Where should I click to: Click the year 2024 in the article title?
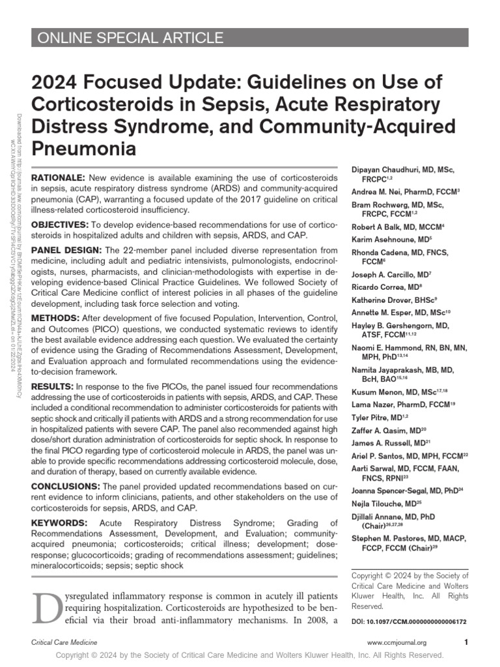(55, 83)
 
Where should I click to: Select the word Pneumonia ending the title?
(84, 149)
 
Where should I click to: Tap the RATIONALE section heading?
(58, 178)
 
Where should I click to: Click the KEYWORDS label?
(59, 522)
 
